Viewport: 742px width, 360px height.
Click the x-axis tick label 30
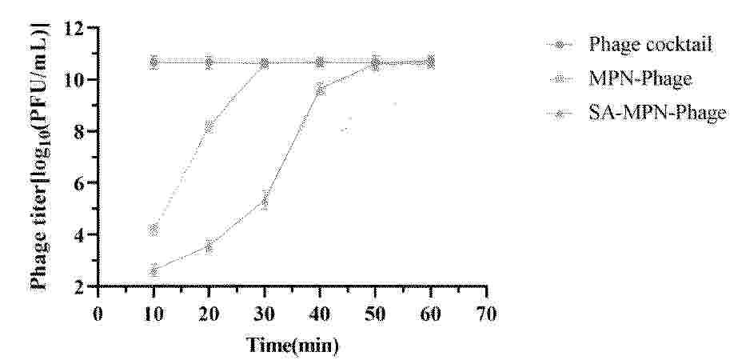click(x=265, y=314)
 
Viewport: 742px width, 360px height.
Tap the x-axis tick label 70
click(x=487, y=314)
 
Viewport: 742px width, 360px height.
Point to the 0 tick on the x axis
click(x=98, y=314)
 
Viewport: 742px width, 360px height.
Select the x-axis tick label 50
click(x=376, y=314)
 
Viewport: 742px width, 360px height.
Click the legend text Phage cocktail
click(x=650, y=45)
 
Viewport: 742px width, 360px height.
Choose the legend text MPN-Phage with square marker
click(x=640, y=78)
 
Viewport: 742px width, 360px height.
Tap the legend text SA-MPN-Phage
click(x=657, y=113)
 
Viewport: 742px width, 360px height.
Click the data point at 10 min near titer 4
click(x=154, y=230)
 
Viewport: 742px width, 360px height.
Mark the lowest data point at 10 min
click(x=154, y=270)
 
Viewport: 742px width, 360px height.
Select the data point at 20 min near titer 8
click(x=209, y=126)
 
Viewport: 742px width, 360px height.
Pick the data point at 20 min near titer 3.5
click(x=209, y=246)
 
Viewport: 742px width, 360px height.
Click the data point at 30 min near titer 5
click(x=265, y=202)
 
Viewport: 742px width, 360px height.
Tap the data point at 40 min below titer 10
click(x=321, y=89)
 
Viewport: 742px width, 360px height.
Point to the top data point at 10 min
click(x=154, y=62)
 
